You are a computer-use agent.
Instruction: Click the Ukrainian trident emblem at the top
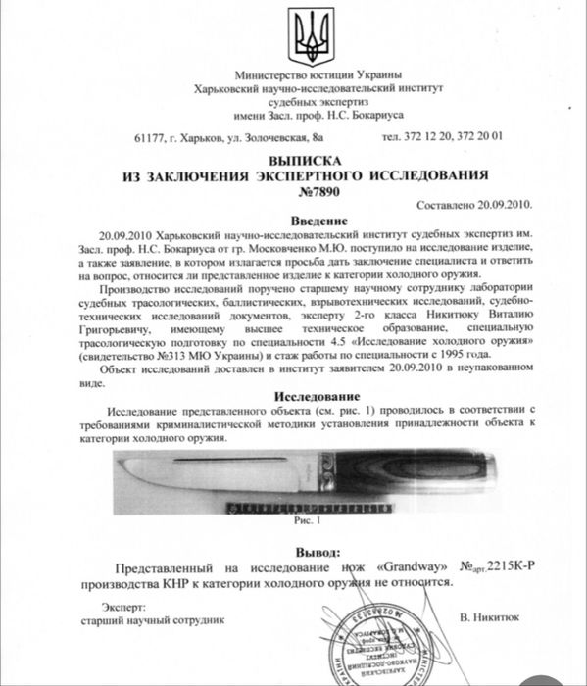pyautogui.click(x=305, y=37)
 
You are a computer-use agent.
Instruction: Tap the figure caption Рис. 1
pyautogui.click(x=307, y=521)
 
